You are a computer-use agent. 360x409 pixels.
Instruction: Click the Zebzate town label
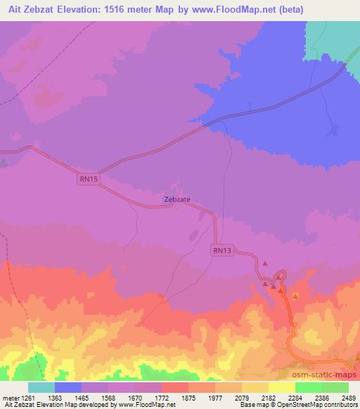[x=177, y=199]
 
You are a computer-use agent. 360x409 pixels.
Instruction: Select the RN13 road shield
[x=221, y=249]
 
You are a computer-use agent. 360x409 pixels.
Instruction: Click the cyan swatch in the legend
[x=41, y=387]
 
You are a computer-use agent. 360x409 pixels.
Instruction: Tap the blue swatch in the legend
[x=68, y=387]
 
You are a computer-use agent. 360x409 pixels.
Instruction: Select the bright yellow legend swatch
[x=282, y=387]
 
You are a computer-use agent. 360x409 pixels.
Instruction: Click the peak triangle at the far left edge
[x=4, y=162]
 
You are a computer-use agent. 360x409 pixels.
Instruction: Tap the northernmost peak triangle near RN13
[x=265, y=264]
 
